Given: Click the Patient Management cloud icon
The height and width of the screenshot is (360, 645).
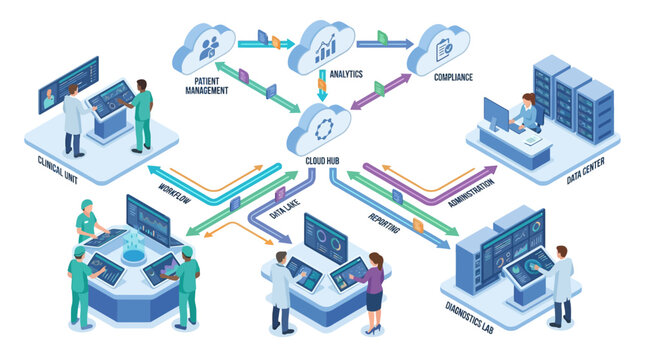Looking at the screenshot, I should coord(205,46).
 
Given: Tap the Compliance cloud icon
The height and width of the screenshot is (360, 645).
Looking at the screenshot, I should coord(438,47).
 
